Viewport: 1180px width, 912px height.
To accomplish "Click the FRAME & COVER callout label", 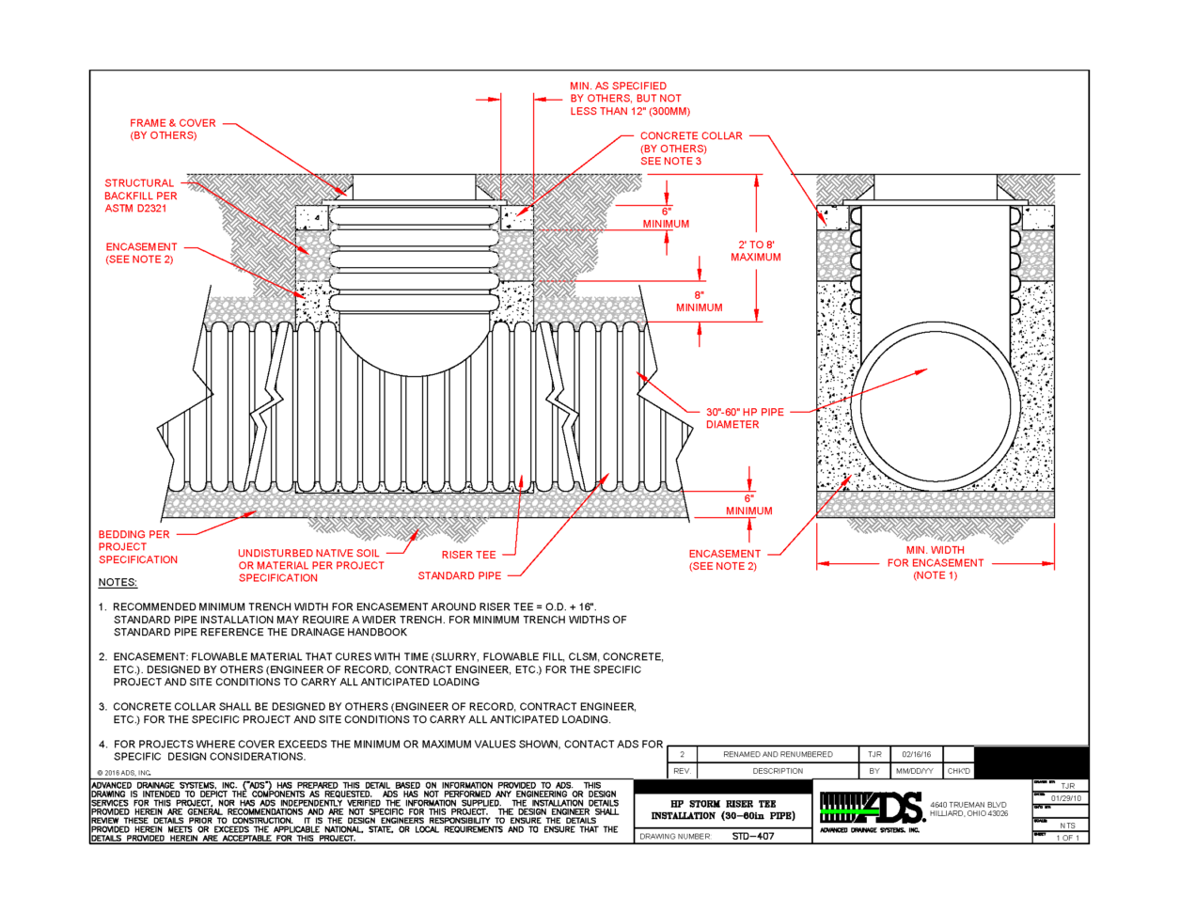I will tap(173, 129).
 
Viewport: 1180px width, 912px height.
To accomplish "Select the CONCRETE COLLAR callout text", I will tap(690, 149).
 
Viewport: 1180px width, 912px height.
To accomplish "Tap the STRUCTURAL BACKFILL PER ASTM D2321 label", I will tap(140, 196).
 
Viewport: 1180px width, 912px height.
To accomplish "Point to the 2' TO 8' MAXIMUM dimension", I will tap(756, 250).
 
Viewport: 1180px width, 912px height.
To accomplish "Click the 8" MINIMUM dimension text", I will tap(700, 301).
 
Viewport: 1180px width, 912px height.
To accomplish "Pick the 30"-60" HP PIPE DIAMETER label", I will tap(745, 418).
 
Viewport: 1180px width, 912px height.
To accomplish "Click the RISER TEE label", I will tap(468, 555).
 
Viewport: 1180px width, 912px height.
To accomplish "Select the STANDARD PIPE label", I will tap(460, 575).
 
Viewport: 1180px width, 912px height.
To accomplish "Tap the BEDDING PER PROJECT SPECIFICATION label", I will tap(137, 546).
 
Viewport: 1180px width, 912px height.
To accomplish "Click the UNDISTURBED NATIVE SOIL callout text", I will tap(311, 565).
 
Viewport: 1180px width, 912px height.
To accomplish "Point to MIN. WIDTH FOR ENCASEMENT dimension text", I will tap(935, 562).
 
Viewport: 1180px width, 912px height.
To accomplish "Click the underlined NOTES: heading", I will tap(118, 582).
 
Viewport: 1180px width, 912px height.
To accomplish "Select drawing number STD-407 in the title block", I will tap(752, 836).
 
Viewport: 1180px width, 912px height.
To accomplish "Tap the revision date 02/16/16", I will tap(916, 754).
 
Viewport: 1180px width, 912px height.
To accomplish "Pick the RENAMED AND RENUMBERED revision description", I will tap(778, 754).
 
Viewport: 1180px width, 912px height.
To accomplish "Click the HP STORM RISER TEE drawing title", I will tap(723, 810).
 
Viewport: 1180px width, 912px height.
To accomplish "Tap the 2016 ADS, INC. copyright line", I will tap(123, 773).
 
